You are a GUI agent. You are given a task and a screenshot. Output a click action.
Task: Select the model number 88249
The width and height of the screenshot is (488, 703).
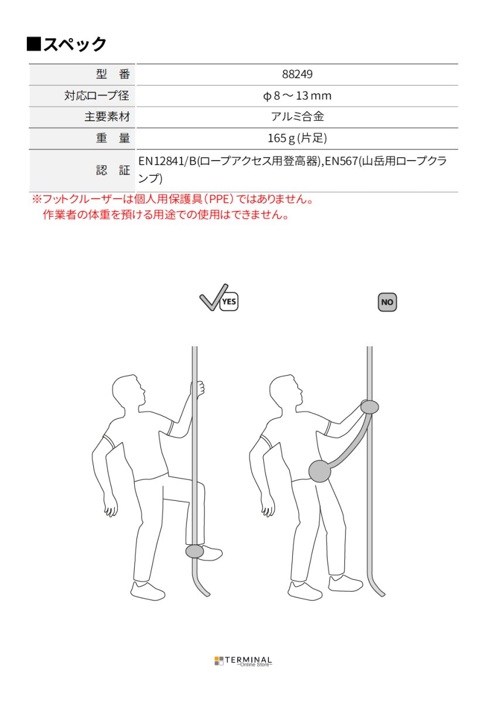(297, 74)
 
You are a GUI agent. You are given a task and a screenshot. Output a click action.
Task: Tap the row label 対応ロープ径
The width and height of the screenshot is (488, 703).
(97, 95)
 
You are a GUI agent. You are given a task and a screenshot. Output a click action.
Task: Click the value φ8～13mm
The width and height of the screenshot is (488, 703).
(297, 95)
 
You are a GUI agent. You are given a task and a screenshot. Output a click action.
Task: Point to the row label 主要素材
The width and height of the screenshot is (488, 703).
(107, 117)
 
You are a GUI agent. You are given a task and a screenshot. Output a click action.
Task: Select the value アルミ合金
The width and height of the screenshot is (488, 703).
(297, 117)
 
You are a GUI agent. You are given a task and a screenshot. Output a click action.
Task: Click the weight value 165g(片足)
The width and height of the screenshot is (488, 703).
(297, 138)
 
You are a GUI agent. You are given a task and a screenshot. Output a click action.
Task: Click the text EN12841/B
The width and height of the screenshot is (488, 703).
(168, 161)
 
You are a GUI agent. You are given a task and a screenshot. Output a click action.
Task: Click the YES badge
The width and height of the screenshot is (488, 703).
(229, 302)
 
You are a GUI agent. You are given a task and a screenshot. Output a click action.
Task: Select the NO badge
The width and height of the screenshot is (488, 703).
(387, 302)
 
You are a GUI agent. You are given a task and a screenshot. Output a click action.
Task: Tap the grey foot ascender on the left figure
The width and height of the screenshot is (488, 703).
(194, 551)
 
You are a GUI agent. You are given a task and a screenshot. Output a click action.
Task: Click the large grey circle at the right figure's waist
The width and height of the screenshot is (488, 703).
(320, 471)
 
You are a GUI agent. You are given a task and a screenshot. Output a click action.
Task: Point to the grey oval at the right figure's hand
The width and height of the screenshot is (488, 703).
(370, 407)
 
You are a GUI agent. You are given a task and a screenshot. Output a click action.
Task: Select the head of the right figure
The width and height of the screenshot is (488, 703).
(285, 391)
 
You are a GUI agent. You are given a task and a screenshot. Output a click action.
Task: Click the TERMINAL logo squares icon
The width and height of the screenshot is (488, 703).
(219, 660)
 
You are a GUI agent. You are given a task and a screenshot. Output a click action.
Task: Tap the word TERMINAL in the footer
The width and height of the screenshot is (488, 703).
(248, 660)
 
